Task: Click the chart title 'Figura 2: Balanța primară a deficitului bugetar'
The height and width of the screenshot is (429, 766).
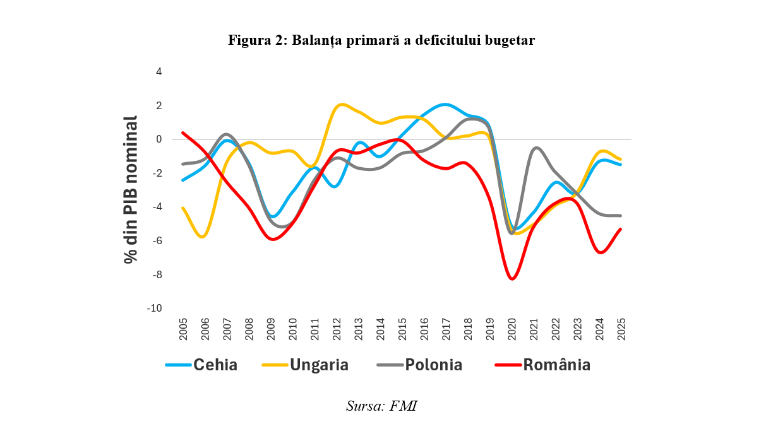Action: point(381,41)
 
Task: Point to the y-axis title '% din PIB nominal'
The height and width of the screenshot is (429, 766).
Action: point(131,189)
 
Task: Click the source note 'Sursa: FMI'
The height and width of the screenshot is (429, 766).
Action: point(381,406)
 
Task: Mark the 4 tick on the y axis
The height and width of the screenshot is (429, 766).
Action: point(159,71)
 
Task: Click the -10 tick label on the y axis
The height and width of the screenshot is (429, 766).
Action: point(155,308)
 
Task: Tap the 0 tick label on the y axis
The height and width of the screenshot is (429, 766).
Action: point(159,139)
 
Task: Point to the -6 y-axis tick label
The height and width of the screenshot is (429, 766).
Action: point(157,240)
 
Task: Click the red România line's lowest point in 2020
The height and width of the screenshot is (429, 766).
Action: point(512,279)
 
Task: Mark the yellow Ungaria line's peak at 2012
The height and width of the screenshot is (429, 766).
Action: point(341,104)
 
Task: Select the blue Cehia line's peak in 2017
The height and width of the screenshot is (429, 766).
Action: point(446,104)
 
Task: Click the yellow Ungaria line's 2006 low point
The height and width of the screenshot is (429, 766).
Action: point(203,237)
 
